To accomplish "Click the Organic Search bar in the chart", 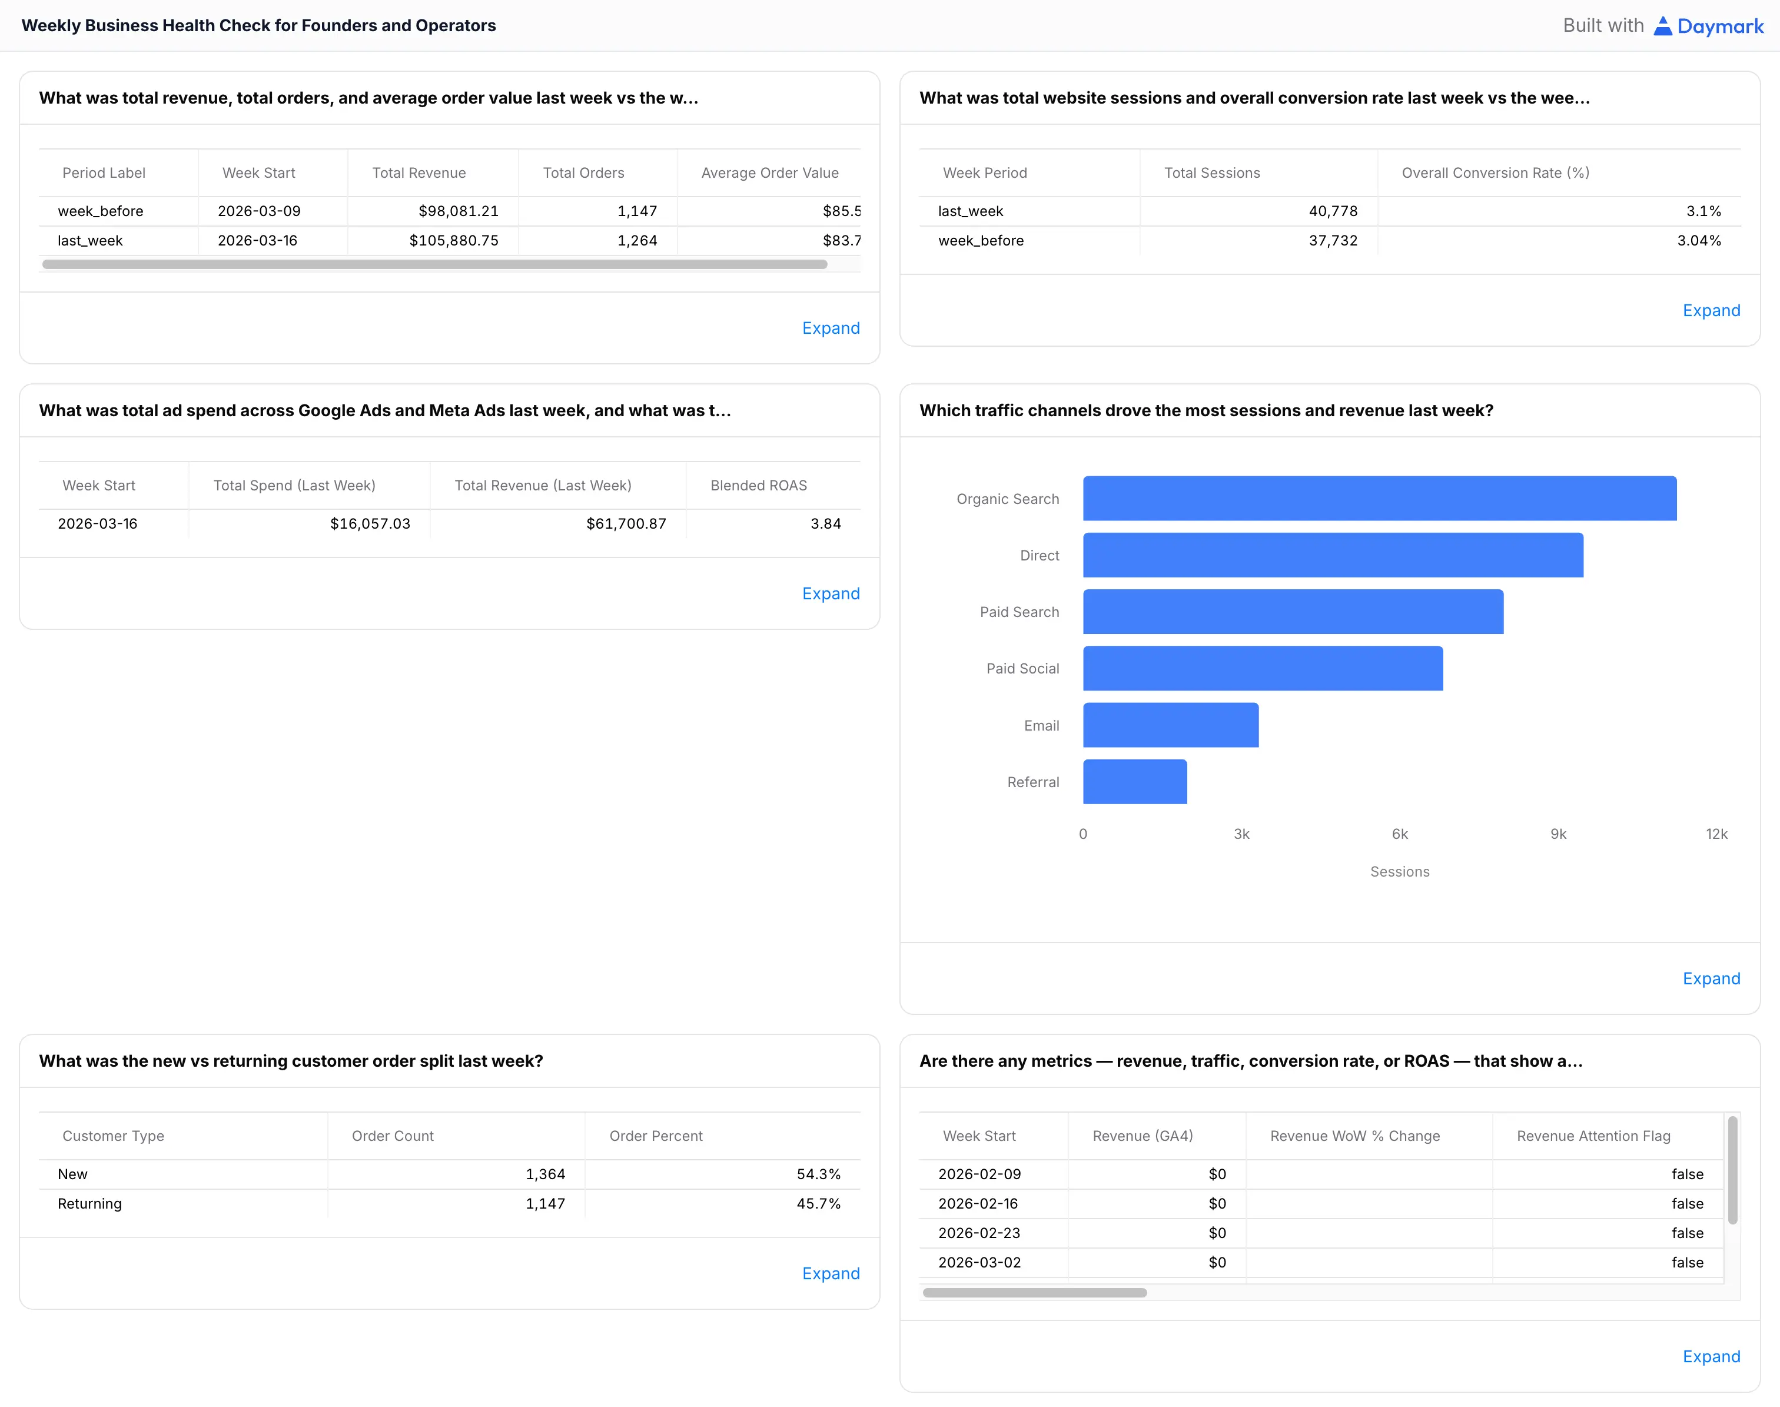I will [1379, 499].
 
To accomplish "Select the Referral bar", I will [1134, 782].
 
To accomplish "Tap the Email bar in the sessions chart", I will [1170, 725].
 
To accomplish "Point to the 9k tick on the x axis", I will [1557, 834].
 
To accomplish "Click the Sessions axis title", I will [1399, 871].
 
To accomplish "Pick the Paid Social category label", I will [1022, 668].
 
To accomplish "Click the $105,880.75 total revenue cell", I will [454, 241].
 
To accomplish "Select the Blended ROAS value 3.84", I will [825, 523].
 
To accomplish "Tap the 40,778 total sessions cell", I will [1332, 211].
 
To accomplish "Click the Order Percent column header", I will [656, 1136].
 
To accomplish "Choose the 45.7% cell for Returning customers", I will [818, 1203].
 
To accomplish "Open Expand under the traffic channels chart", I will [1711, 978].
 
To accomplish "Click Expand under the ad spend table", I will [831, 594].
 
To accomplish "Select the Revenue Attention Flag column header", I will [1593, 1136].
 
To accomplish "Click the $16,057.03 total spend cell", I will [370, 523].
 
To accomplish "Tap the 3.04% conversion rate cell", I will [1698, 241].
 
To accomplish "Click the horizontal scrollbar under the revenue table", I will [434, 264].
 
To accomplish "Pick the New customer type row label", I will [72, 1174].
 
